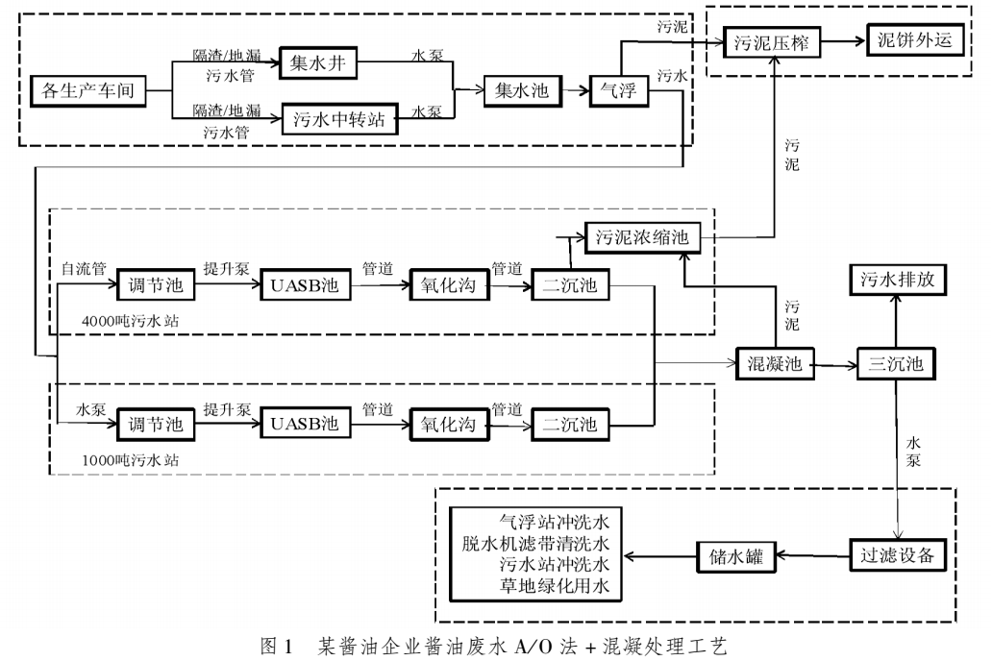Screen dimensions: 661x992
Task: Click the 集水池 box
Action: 522,91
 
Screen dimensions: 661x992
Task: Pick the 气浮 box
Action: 619,91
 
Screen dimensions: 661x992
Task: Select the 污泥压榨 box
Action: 770,42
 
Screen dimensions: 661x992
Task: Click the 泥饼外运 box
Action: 913,40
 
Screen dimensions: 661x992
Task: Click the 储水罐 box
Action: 735,554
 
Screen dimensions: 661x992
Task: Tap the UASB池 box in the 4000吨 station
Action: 303,285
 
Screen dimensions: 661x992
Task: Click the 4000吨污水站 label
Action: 128,316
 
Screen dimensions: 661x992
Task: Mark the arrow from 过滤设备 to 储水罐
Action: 813,554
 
